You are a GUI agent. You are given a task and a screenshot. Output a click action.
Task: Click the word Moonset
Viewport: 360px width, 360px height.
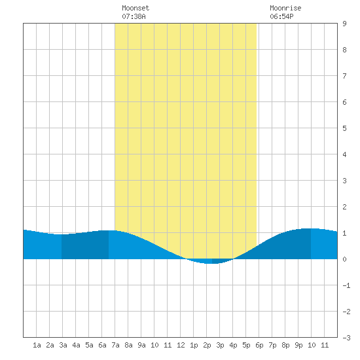[135, 8]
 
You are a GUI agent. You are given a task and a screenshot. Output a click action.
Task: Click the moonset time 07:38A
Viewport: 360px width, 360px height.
[134, 16]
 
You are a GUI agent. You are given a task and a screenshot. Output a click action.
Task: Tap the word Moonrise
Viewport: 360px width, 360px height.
[285, 8]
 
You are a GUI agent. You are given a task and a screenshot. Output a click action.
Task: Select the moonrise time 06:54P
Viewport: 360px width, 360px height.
[281, 16]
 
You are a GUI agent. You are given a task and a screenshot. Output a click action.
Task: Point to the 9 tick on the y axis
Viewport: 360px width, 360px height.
[344, 24]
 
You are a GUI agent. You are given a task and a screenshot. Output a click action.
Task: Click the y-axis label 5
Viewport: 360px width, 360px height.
[344, 128]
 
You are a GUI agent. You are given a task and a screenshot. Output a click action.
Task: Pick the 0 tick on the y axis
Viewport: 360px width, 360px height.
[344, 259]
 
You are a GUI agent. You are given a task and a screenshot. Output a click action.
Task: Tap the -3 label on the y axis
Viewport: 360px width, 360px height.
[347, 338]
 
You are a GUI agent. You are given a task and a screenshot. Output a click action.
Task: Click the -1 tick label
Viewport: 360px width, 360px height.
[347, 285]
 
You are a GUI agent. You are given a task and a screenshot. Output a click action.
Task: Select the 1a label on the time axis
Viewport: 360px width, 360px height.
[37, 345]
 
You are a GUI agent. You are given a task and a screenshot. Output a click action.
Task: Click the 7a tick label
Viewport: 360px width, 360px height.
[115, 345]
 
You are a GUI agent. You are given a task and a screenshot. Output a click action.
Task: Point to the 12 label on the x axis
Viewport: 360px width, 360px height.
[181, 345]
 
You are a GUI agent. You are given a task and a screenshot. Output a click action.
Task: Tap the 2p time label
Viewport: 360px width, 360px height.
[207, 345]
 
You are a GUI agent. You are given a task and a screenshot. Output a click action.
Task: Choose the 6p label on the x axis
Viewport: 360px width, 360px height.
[259, 345]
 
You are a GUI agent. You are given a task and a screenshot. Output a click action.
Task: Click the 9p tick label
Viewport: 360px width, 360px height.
[298, 345]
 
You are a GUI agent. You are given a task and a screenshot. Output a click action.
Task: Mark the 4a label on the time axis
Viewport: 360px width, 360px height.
[76, 345]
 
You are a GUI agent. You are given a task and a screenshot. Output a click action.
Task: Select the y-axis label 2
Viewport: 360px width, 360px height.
[344, 207]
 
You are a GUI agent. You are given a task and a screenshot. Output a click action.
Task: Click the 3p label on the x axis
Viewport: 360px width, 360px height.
[220, 345]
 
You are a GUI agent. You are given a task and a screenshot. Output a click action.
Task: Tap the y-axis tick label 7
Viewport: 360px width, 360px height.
[344, 76]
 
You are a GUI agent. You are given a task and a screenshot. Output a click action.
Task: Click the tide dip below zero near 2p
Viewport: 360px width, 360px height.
[210, 261]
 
